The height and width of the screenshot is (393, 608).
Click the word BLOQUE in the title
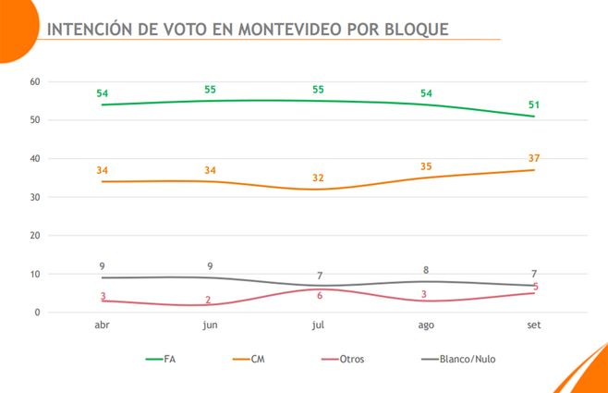point(414,29)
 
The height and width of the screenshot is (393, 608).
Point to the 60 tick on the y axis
point(35,81)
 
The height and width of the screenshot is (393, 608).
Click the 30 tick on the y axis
point(35,197)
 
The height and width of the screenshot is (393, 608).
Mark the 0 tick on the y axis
point(38,313)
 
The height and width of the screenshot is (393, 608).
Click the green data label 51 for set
point(534,104)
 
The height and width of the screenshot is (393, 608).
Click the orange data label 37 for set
point(534,158)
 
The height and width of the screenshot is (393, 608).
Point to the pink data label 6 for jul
point(318,296)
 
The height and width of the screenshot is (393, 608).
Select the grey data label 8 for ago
point(426,270)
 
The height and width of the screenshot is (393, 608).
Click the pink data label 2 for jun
point(210,300)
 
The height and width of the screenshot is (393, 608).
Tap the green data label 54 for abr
point(102,93)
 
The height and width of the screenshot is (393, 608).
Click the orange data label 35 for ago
point(426,166)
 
